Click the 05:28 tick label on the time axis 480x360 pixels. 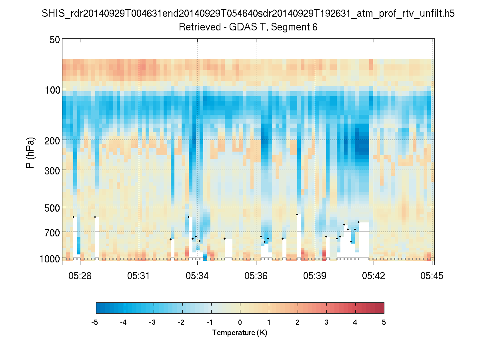[x=80, y=276]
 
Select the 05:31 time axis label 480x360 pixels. [x=139, y=276]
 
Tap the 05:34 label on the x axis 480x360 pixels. [x=197, y=276]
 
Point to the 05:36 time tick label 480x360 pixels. [x=256, y=276]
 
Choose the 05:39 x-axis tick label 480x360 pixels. [x=315, y=276]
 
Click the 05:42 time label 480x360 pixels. [x=374, y=276]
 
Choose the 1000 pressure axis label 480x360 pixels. [x=50, y=259]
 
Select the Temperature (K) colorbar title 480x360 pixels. [x=240, y=333]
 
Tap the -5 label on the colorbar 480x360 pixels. [x=95, y=322]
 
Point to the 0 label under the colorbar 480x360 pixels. [x=240, y=322]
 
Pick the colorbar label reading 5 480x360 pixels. [x=384, y=322]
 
